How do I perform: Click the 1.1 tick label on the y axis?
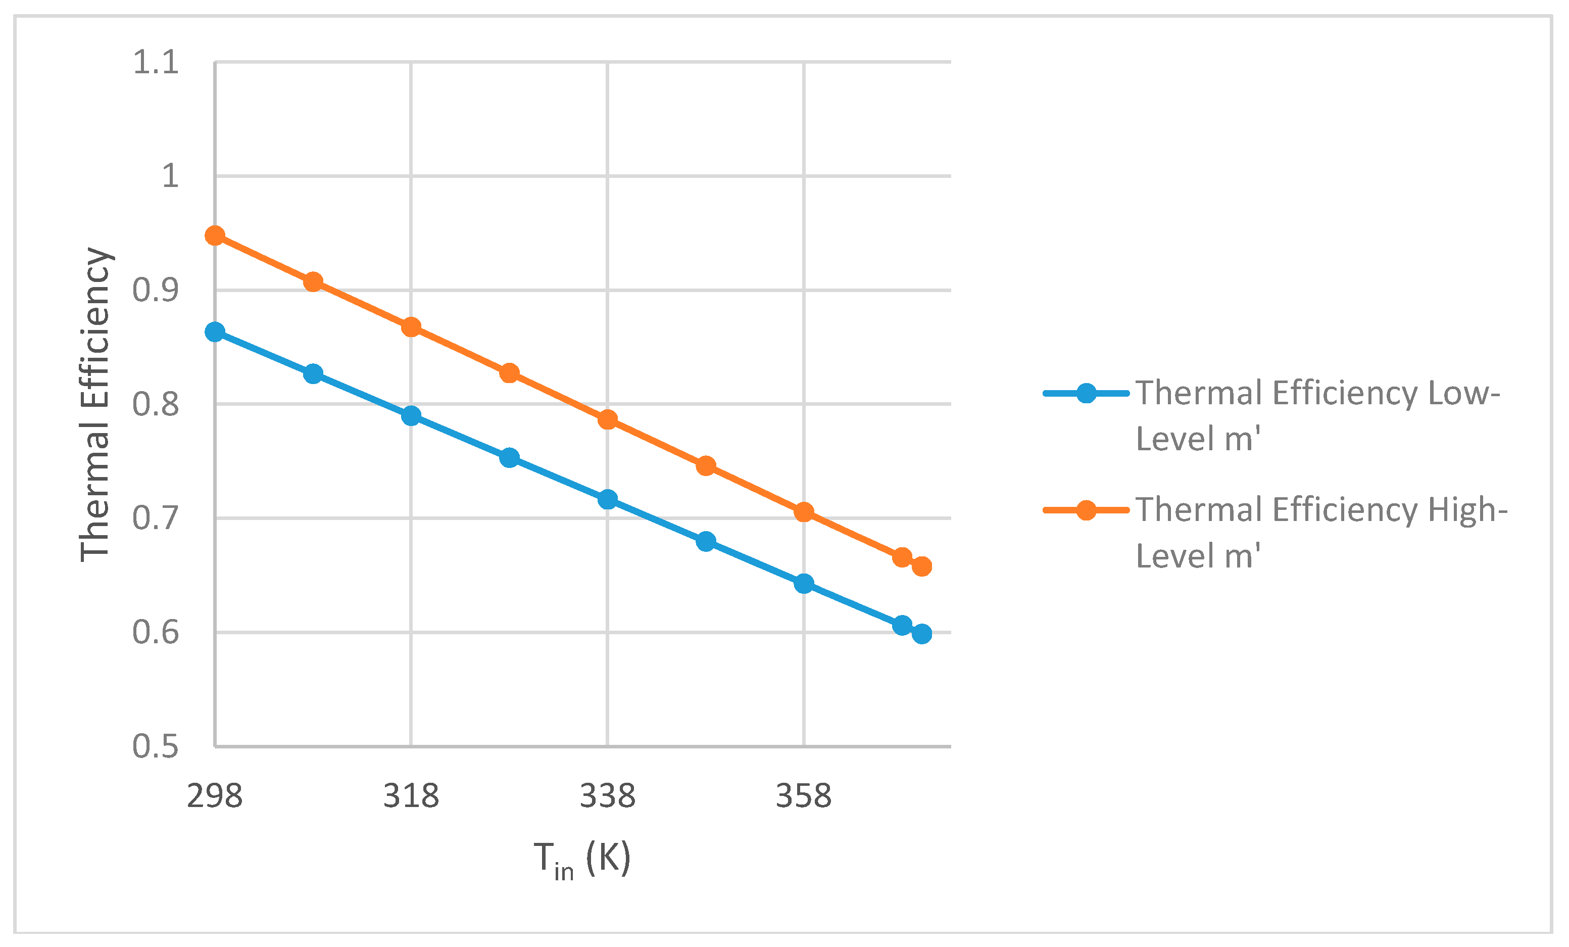(x=156, y=63)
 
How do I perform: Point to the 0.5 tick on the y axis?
(x=156, y=746)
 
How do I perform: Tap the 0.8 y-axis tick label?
(x=156, y=404)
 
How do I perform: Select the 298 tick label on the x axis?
(x=215, y=796)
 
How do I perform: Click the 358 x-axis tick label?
(x=804, y=796)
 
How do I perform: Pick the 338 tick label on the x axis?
(x=608, y=796)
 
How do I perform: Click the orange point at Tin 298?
(x=215, y=235)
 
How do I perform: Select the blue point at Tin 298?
(x=215, y=332)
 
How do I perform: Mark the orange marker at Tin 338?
(x=608, y=419)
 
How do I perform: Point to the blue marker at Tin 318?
(x=411, y=416)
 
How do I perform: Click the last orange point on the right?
(x=921, y=566)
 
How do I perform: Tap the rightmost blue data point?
(x=921, y=634)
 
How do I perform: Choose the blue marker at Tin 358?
(x=804, y=583)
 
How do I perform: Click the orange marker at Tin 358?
(x=804, y=511)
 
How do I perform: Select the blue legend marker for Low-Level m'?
(x=1087, y=393)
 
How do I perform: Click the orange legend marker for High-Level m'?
(x=1087, y=510)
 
